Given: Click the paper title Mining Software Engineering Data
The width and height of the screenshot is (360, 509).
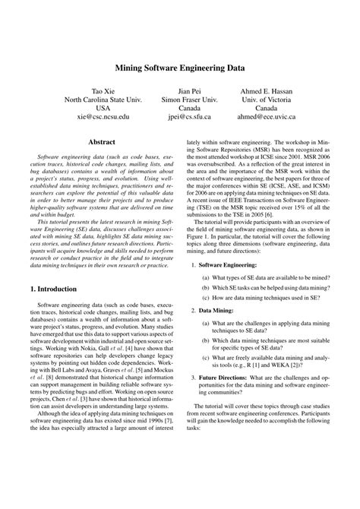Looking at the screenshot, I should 179,67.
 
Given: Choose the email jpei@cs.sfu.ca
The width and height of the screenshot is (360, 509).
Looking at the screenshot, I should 189,118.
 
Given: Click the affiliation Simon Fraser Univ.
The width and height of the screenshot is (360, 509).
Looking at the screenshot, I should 189,100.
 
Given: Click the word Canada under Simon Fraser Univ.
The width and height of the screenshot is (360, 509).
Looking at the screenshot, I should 189,109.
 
